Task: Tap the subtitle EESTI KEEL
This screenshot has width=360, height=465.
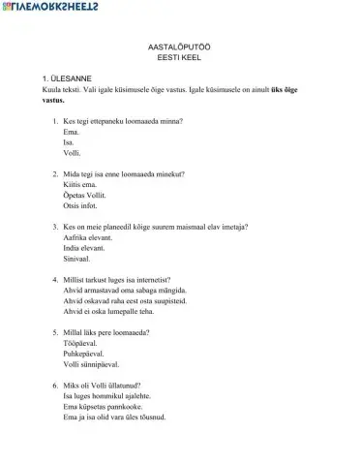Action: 179,58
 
